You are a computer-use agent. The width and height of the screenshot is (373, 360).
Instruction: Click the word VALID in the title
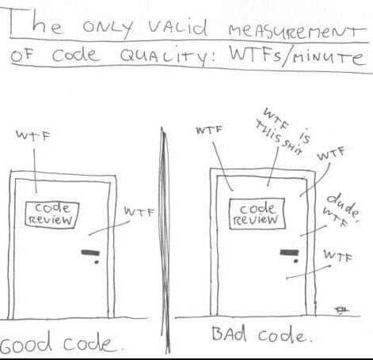click(177, 28)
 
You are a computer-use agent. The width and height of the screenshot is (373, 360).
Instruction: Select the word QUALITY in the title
click(168, 56)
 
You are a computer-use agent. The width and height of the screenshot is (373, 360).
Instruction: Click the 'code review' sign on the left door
click(52, 214)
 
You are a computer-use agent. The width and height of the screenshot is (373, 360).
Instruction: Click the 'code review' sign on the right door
click(257, 214)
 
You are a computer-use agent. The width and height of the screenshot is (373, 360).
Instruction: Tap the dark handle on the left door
click(90, 252)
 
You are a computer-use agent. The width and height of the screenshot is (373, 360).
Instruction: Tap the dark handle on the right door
click(289, 252)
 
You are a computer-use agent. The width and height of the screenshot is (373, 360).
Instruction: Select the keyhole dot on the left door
click(97, 262)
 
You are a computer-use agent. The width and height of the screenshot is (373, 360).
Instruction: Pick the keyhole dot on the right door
click(296, 261)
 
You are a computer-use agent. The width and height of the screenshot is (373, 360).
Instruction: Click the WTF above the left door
click(33, 135)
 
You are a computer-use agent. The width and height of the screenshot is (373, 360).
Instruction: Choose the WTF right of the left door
click(139, 212)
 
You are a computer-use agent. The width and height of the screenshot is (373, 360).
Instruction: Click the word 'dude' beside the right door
click(343, 205)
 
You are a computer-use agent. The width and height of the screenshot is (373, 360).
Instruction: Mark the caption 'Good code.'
click(61, 343)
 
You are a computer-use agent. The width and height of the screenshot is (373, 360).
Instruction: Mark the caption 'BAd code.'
click(262, 334)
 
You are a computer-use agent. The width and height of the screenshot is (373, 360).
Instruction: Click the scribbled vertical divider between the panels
click(166, 240)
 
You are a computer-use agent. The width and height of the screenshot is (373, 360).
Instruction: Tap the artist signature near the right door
click(341, 310)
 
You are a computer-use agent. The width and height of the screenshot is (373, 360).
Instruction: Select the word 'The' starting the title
click(36, 23)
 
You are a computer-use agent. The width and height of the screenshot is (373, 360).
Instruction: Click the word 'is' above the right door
click(305, 136)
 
